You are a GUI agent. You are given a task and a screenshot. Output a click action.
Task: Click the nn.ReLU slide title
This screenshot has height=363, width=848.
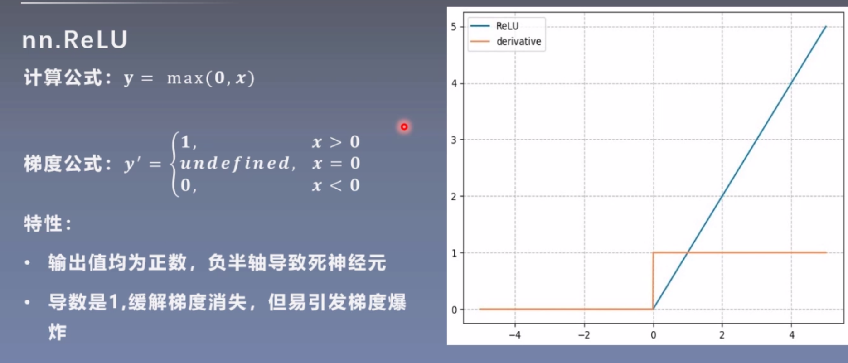pyautogui.click(x=75, y=40)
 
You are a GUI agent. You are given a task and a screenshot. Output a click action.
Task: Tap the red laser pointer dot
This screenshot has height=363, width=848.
pyautogui.click(x=404, y=127)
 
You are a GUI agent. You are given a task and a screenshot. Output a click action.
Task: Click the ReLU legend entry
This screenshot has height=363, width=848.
pyautogui.click(x=507, y=26)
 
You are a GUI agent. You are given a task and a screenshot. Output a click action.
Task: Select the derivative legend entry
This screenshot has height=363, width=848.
pyautogui.click(x=518, y=42)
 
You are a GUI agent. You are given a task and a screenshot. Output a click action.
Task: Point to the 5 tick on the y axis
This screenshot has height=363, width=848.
pyautogui.click(x=454, y=27)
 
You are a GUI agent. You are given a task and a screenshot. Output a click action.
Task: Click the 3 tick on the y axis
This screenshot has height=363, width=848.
pyautogui.click(x=454, y=140)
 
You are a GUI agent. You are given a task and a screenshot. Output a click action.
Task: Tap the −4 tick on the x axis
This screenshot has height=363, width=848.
pyautogui.click(x=514, y=335)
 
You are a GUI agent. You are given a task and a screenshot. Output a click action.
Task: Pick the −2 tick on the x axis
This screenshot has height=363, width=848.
pyautogui.click(x=584, y=335)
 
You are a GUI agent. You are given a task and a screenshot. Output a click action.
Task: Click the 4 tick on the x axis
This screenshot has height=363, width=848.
pyautogui.click(x=791, y=335)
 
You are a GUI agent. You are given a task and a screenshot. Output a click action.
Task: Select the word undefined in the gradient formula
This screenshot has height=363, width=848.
pyautogui.click(x=235, y=163)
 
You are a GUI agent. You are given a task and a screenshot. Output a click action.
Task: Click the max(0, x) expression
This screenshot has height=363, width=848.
pyautogui.click(x=211, y=78)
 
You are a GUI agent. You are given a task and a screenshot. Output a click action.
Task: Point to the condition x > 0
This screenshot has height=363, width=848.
pyautogui.click(x=336, y=142)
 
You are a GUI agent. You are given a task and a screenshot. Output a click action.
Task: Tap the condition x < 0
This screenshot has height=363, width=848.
pyautogui.click(x=336, y=185)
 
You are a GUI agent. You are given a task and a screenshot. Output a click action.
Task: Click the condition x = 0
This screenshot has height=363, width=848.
pyautogui.click(x=336, y=163)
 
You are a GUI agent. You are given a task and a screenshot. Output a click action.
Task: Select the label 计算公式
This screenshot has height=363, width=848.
pyautogui.click(x=63, y=78)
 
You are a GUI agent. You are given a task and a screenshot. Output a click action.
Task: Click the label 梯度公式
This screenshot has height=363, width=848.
pyautogui.click(x=63, y=164)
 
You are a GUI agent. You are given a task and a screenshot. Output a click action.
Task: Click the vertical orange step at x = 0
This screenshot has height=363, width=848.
pyautogui.click(x=653, y=281)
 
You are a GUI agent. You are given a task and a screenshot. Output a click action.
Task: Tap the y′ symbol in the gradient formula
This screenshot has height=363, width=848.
pyautogui.click(x=132, y=164)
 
